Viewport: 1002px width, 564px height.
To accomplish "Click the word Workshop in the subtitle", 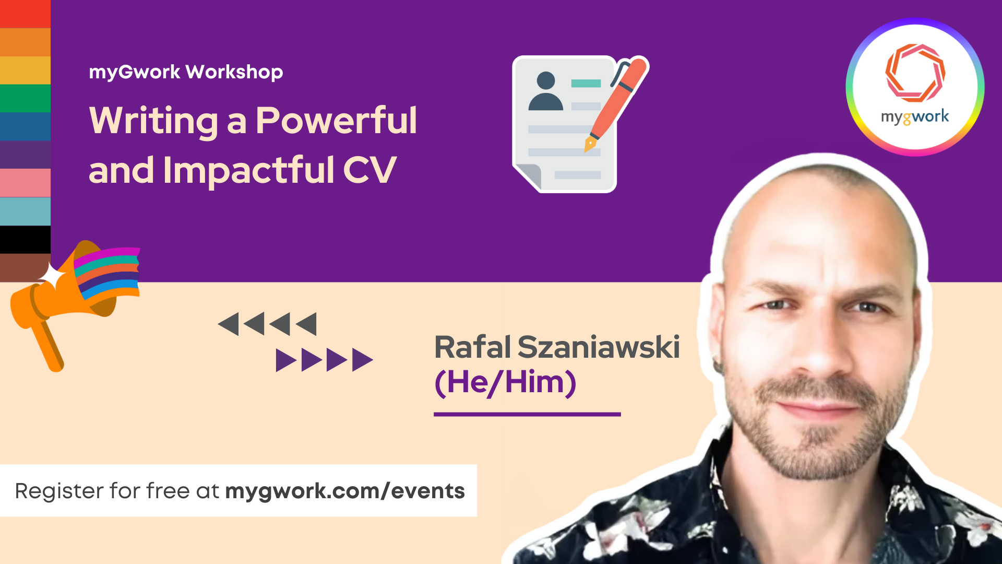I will pos(234,72).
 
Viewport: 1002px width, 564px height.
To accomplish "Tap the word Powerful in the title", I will pos(336,121).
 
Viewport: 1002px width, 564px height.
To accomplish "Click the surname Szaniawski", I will pos(599,347).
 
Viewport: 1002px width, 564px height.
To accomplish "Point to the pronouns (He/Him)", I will pos(505,382).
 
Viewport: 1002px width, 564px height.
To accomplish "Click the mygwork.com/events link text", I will pos(344,491).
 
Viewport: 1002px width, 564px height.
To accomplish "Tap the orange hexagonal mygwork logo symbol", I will pos(915,73).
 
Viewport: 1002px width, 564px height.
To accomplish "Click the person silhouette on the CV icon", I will pos(545,91).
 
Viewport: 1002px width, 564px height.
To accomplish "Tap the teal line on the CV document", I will pos(586,83).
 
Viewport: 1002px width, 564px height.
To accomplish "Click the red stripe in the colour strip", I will pos(25,14).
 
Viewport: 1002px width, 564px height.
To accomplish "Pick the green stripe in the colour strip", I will pos(25,98).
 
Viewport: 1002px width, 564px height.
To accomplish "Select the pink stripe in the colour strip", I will pos(25,183).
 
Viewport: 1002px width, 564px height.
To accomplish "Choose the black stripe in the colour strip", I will pos(25,240).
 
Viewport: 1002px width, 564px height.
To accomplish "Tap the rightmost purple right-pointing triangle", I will pos(362,360).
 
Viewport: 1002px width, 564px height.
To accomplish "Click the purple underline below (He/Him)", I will pos(527,414).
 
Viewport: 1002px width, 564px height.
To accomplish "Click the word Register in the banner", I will pos(58,491).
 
